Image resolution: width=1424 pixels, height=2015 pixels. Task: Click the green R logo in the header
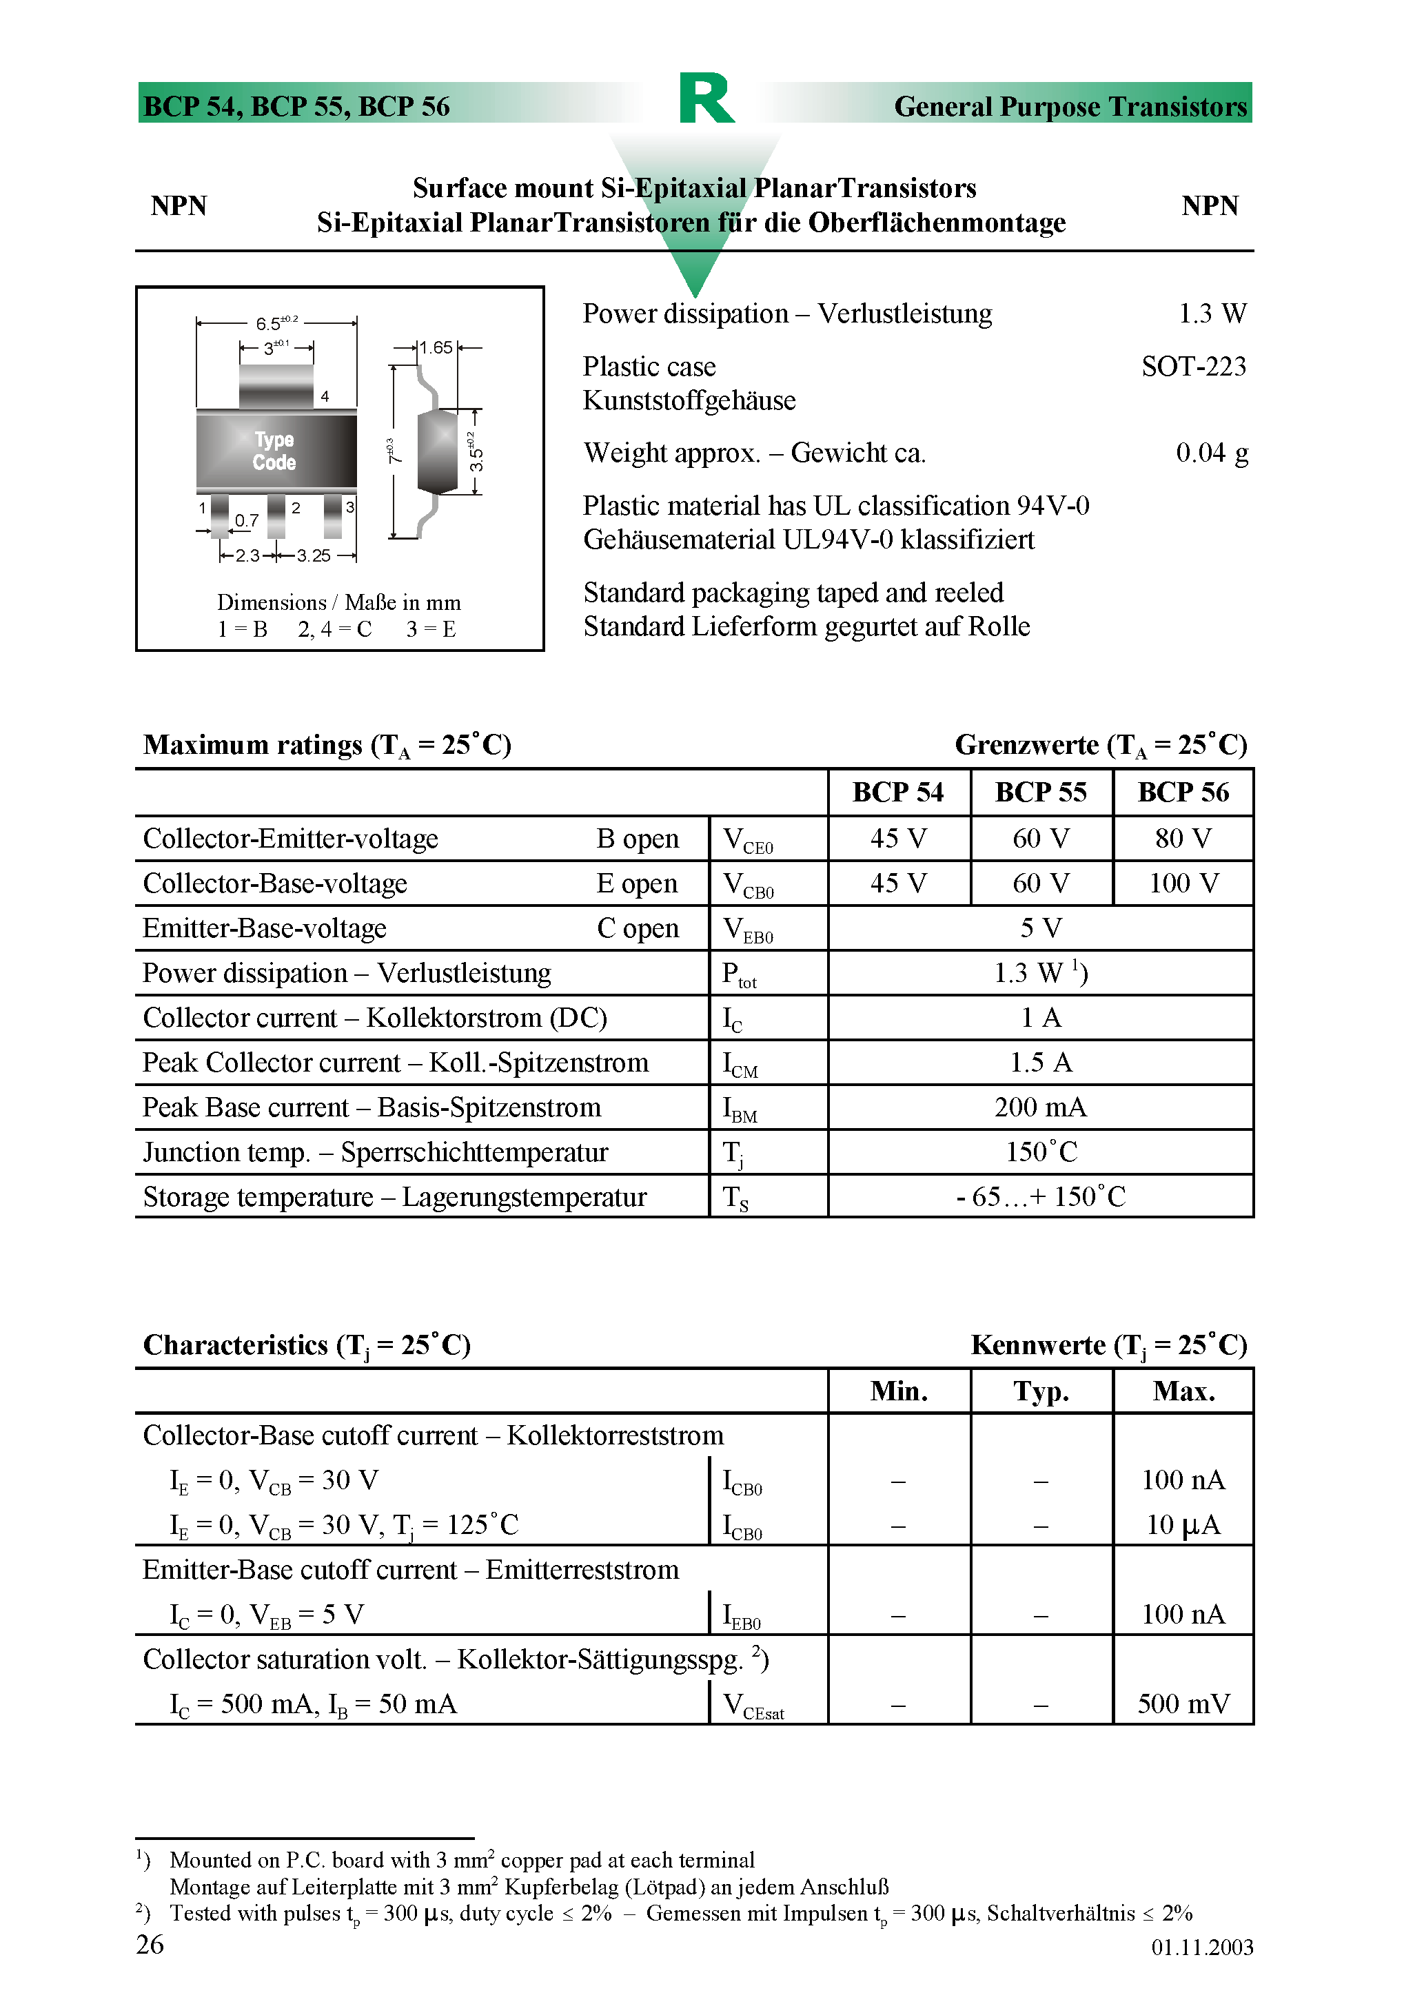point(706,99)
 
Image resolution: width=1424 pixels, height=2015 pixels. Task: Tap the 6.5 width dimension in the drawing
point(276,323)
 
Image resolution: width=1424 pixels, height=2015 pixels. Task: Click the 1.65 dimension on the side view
point(436,347)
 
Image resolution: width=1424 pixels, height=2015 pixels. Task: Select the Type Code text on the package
point(274,451)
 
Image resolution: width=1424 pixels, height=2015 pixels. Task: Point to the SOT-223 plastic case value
point(1193,367)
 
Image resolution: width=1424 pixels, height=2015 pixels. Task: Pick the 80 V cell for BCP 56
point(1183,839)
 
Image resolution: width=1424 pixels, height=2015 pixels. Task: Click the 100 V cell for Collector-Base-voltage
point(1183,883)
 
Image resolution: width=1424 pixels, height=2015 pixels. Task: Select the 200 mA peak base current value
point(1040,1107)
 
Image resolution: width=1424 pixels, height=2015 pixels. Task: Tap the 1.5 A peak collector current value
point(1040,1063)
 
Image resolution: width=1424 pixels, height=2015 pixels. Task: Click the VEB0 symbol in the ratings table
point(747,930)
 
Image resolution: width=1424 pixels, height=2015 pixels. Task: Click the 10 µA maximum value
point(1183,1525)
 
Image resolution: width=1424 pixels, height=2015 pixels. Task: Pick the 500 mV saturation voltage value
point(1183,1704)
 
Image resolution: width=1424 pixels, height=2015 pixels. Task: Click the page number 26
point(150,1945)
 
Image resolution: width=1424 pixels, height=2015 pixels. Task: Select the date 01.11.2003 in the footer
point(1202,1947)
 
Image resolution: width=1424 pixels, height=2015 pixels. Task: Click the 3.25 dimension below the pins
point(314,555)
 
